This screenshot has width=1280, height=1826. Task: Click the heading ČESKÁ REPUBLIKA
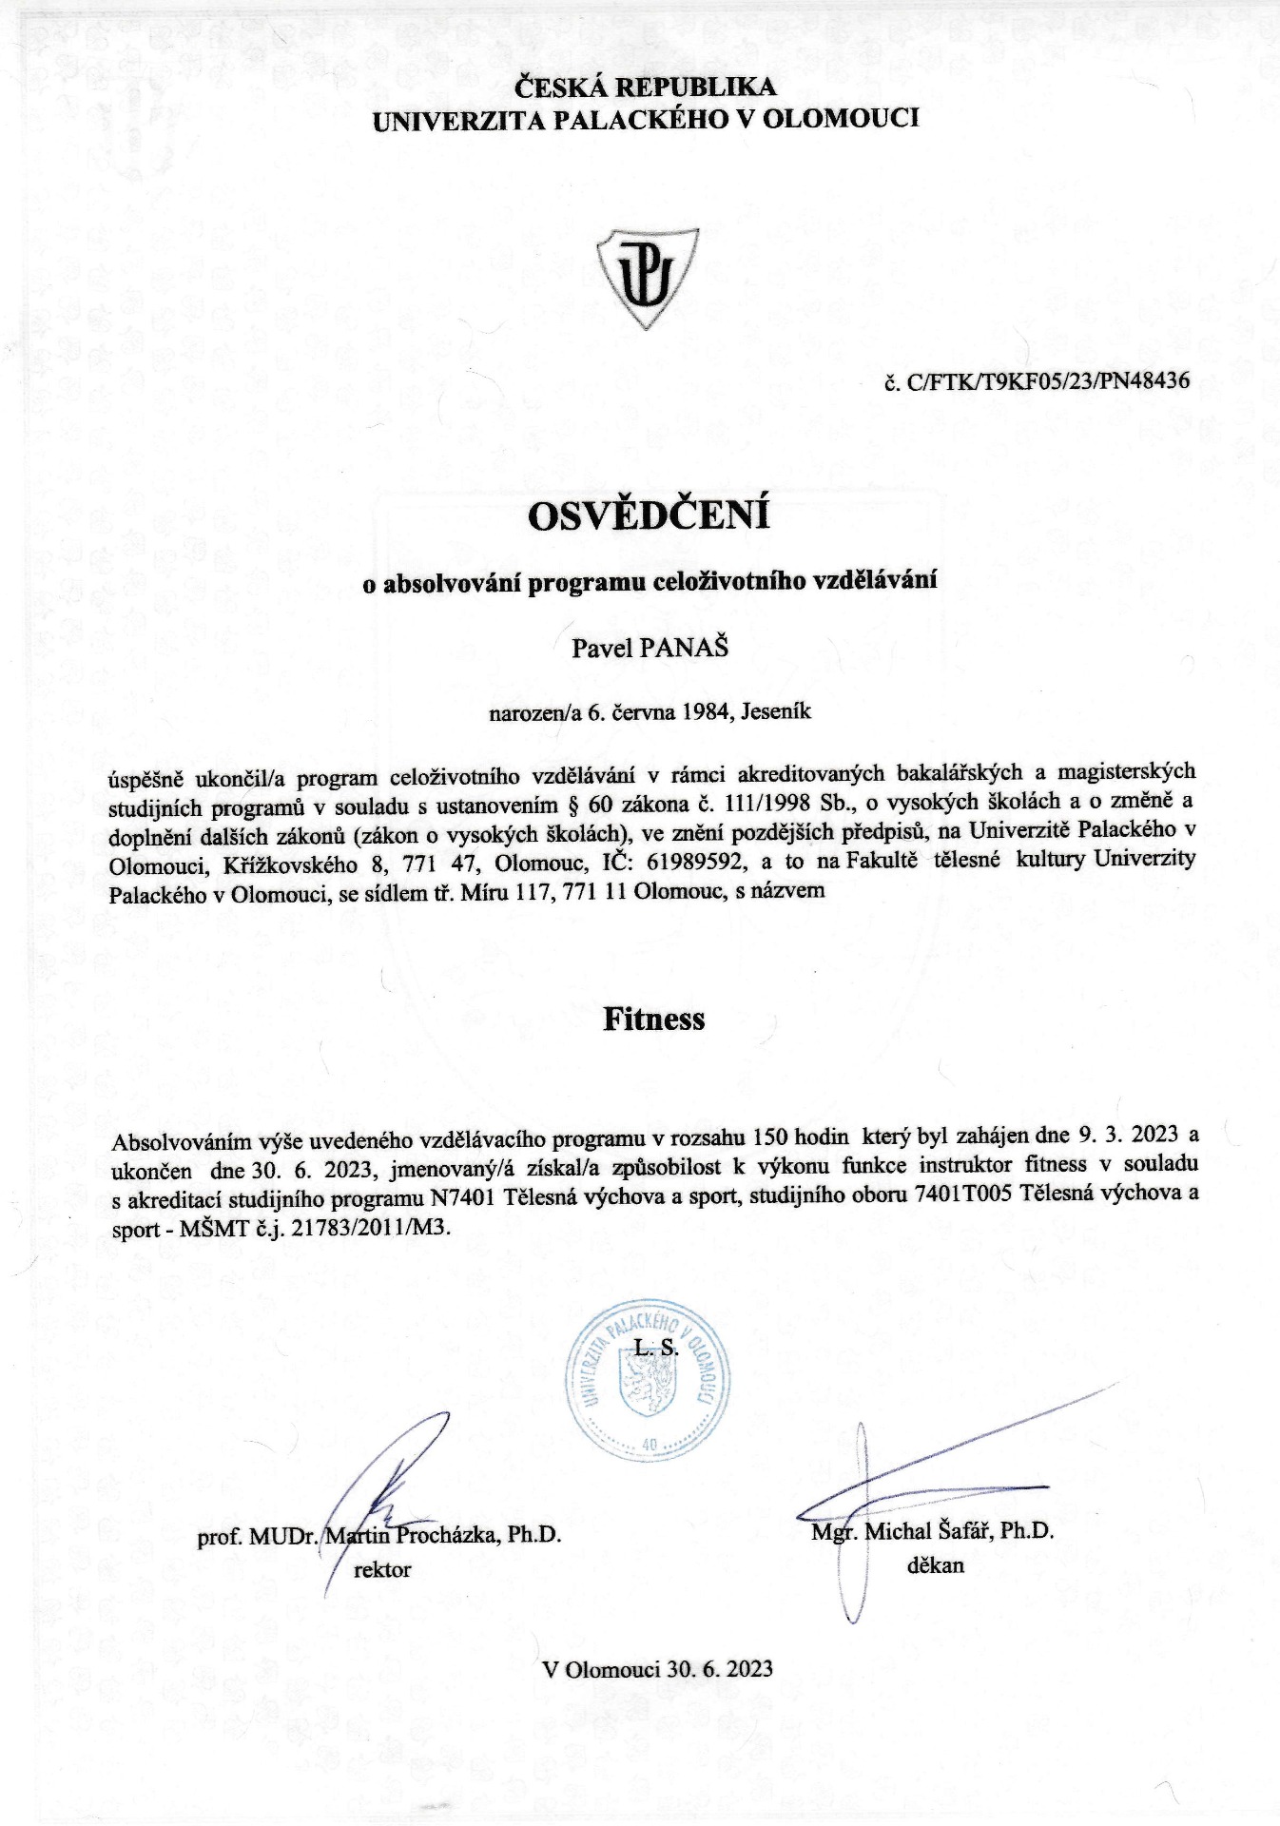646,87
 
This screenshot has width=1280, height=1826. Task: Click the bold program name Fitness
653,1020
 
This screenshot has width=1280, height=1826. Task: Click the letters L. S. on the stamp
656,1348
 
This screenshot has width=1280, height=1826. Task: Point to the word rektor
382,1569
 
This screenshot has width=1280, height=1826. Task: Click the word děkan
935,1564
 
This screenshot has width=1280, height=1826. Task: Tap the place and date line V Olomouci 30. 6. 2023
657,1669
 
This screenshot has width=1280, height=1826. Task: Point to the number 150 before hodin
771,1136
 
